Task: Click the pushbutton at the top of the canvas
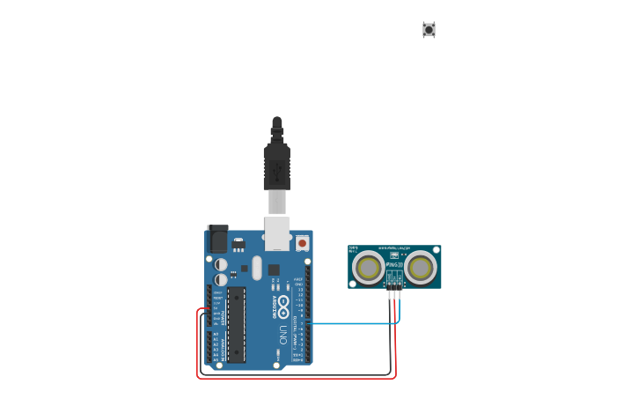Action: pyautogui.click(x=429, y=30)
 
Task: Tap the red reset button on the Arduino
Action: pyautogui.click(x=302, y=242)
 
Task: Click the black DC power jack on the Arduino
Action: pyautogui.click(x=217, y=239)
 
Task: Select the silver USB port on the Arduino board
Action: pyautogui.click(x=278, y=233)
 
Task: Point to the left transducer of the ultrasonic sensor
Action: pyautogui.click(x=368, y=267)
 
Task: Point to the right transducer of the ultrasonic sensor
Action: pyautogui.click(x=421, y=267)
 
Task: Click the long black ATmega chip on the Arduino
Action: pyautogui.click(x=236, y=324)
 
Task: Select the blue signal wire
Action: pyautogui.click(x=352, y=323)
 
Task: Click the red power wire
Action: pyautogui.click(x=198, y=344)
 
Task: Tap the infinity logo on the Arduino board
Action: pyautogui.click(x=283, y=302)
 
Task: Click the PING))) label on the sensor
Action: pyautogui.click(x=393, y=264)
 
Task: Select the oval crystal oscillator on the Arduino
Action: pyautogui.click(x=257, y=267)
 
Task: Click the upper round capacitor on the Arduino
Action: pyautogui.click(x=221, y=264)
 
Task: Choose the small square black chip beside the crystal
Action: pyautogui.click(x=274, y=270)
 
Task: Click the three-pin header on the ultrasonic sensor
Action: pyautogui.click(x=393, y=284)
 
